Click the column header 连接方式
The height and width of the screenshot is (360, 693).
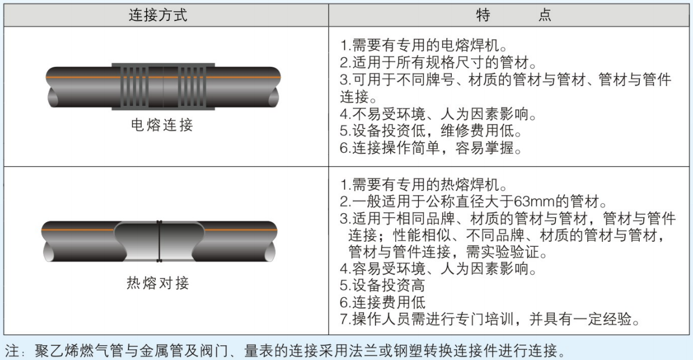tap(158, 15)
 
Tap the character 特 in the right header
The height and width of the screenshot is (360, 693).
tap(484, 15)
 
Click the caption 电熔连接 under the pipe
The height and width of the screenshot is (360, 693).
tap(162, 125)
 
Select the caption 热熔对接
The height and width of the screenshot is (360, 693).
tap(158, 283)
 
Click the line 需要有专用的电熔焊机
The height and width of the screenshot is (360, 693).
tap(423, 45)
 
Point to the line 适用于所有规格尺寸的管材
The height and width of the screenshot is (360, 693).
tap(438, 62)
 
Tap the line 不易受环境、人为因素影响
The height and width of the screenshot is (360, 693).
tap(438, 114)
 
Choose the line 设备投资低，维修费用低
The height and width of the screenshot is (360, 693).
tap(430, 131)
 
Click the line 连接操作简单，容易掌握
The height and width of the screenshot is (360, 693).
tap(430, 148)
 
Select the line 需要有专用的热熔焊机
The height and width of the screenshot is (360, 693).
tap(423, 185)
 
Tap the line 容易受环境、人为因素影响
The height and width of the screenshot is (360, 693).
tap(438, 268)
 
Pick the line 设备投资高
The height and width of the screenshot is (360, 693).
tap(382, 285)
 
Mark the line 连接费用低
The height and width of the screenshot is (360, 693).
tap(382, 302)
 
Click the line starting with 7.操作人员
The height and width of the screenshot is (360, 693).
tap(490, 319)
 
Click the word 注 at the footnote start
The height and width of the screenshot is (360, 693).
tap(12, 351)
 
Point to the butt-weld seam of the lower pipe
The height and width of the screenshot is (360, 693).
tap(159, 241)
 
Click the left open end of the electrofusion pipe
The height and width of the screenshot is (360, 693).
tap(53, 97)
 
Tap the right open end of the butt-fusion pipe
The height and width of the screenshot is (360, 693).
tap(269, 251)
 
